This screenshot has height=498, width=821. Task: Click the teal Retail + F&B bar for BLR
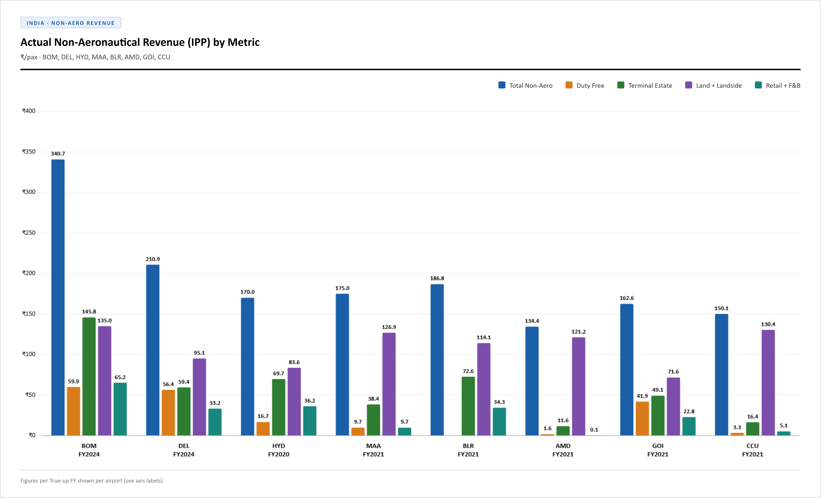499,421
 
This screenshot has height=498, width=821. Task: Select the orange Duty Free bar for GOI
642,418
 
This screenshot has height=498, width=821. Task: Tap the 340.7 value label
58,154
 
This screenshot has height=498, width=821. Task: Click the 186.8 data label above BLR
437,278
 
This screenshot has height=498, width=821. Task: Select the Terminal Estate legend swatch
621,85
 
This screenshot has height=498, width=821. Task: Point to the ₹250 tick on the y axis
29,233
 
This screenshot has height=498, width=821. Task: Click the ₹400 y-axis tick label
29,111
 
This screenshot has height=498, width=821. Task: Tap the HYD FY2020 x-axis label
279,450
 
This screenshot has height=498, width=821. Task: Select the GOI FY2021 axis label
658,450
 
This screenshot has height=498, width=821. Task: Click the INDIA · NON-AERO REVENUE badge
71,23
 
